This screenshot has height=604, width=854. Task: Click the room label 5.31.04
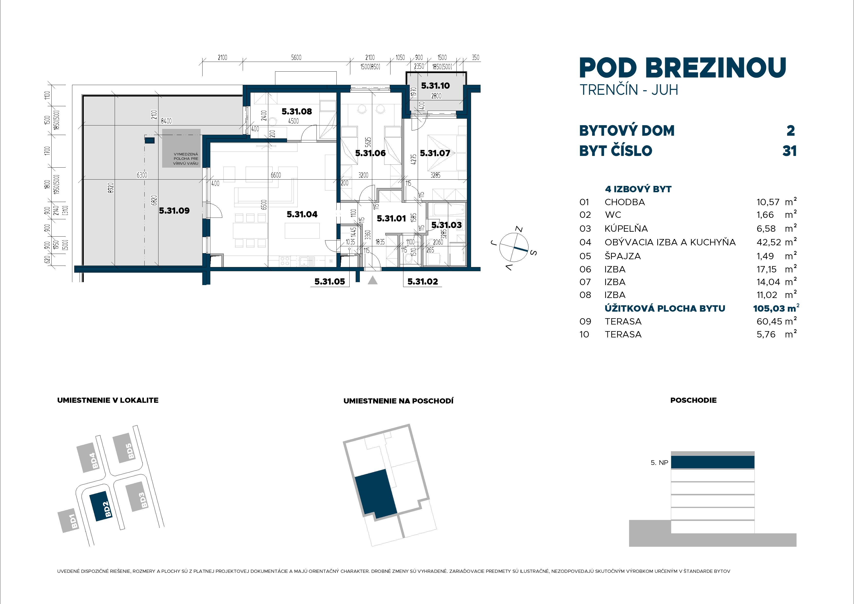pos(302,214)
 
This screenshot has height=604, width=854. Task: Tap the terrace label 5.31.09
pos(174,211)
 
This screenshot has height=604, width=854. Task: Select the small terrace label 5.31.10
pos(435,86)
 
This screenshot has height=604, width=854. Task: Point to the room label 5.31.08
pos(297,111)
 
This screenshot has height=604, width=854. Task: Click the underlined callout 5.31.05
pos(330,282)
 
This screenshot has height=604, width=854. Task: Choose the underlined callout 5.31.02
pos(423,282)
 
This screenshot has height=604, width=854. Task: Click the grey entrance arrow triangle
pos(372,280)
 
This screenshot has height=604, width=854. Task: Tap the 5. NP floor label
pos(659,463)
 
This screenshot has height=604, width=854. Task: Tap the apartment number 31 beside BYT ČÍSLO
pos(790,151)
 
